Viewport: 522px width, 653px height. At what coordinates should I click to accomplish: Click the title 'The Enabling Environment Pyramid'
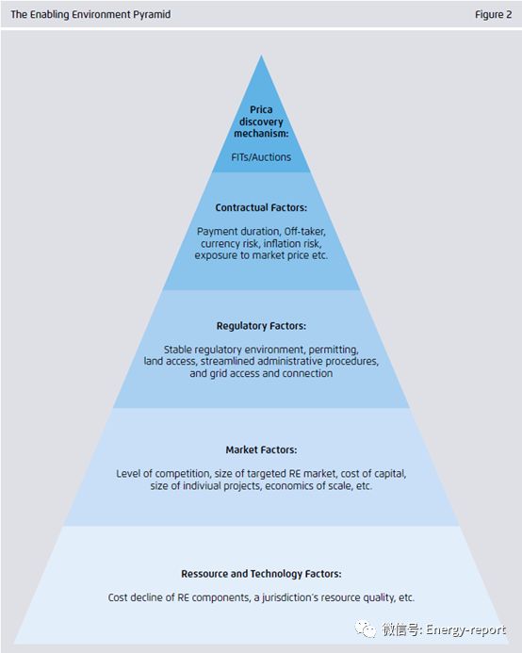pyautogui.click(x=90, y=14)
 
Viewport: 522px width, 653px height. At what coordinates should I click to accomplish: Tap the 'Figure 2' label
pyautogui.click(x=493, y=14)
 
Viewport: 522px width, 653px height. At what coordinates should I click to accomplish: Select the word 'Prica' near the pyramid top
pyautogui.click(x=261, y=109)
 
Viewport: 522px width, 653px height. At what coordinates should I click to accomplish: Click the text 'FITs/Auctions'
pyautogui.click(x=261, y=157)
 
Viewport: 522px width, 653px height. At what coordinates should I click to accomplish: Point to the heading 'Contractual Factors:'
pyautogui.click(x=261, y=207)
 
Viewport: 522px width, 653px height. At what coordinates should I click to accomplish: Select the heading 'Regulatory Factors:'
pyautogui.click(x=261, y=326)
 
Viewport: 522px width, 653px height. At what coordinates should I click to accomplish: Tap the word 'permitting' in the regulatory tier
pyautogui.click(x=334, y=350)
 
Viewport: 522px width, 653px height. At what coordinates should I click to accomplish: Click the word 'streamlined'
pyautogui.click(x=227, y=361)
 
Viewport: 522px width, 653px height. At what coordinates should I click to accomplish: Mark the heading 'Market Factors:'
pyautogui.click(x=261, y=449)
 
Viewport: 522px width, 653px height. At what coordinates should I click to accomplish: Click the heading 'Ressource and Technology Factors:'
pyautogui.click(x=261, y=574)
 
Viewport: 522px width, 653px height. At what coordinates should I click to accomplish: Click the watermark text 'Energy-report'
pyautogui.click(x=466, y=629)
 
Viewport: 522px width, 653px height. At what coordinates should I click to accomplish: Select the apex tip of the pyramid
pyautogui.click(x=261, y=56)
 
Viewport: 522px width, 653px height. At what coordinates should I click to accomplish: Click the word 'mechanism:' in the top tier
pyautogui.click(x=261, y=133)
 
